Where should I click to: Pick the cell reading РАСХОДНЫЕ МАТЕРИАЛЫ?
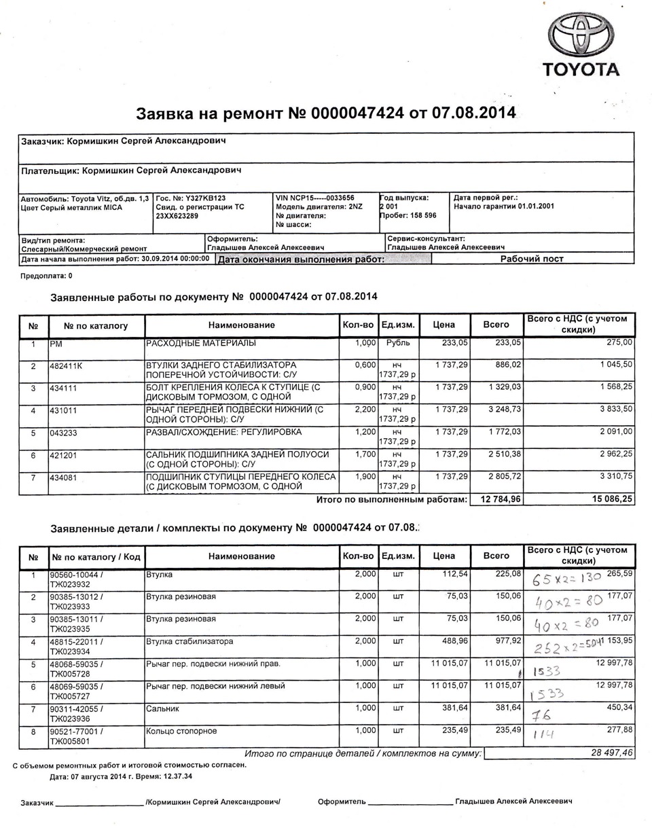200,343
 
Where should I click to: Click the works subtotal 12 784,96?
500,499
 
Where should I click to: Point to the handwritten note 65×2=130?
561,579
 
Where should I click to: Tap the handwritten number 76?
541,715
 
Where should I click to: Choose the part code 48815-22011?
74,641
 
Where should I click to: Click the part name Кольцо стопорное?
181,731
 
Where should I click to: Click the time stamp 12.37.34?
177,776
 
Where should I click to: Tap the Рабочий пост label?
532,258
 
